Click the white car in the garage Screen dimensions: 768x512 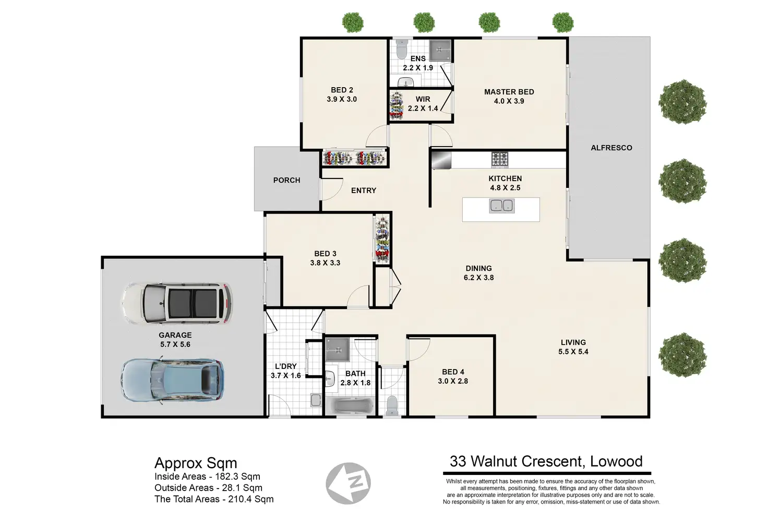click(x=176, y=304)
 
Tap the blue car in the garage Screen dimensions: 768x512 click(x=173, y=380)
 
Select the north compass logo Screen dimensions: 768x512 click(x=348, y=483)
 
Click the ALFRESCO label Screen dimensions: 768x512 click(x=611, y=148)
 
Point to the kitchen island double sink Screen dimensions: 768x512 click(x=502, y=206)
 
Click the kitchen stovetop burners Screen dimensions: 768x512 click(x=499, y=160)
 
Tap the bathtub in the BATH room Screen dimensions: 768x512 click(x=350, y=407)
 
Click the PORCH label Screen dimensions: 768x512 click(x=286, y=181)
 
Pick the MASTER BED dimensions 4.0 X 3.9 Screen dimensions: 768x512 click(x=509, y=101)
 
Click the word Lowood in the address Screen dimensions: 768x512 click(x=616, y=461)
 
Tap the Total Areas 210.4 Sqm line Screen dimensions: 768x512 click(x=214, y=499)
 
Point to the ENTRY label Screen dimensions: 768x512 click(x=364, y=190)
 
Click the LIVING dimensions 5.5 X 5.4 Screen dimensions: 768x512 click(x=573, y=351)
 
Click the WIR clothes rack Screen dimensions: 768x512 click(x=397, y=105)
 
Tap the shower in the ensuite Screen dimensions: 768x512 click(x=440, y=51)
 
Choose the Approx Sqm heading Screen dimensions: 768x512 click(x=196, y=463)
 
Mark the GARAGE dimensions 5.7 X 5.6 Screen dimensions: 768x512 click(x=175, y=344)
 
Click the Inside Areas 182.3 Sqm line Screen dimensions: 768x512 click(x=207, y=477)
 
